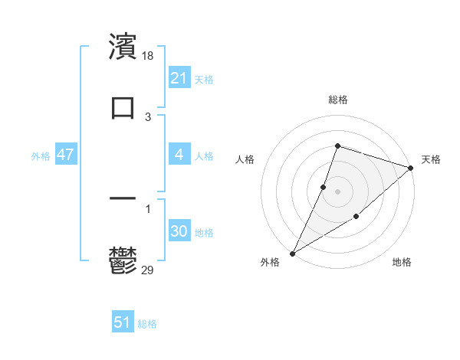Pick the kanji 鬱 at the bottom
[123, 259]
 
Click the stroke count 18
[149, 56]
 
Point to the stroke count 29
[149, 270]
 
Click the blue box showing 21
[179, 78]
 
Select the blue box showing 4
[179, 155]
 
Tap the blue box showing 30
[179, 231]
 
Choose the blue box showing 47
[66, 155]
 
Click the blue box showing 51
[123, 322]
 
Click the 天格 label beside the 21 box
[204, 79]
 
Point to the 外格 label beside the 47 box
[41, 155]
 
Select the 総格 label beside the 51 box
[147, 324]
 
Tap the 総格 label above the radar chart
[338, 100]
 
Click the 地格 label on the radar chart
[402, 262]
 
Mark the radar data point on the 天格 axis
[411, 169]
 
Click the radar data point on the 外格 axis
[292, 254]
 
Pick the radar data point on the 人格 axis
[324, 187]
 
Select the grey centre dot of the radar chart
[338, 191]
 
